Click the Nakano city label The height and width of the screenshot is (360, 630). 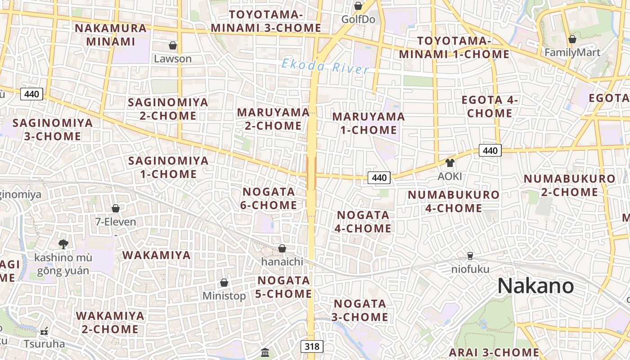[535, 286]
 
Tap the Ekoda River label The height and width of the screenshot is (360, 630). [325, 67]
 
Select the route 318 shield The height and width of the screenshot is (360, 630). [312, 346]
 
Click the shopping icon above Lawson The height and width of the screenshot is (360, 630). [173, 45]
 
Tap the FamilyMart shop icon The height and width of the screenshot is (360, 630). [572, 40]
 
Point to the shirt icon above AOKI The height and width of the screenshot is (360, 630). [450, 163]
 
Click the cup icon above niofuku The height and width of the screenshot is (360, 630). [470, 256]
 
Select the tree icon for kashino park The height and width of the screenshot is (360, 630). [63, 244]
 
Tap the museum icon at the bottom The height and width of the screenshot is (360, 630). [265, 352]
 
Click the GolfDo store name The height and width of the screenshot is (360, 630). [358, 19]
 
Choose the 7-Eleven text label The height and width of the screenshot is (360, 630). [116, 221]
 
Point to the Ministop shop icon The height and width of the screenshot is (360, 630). [224, 283]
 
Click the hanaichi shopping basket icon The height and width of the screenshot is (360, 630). [282, 248]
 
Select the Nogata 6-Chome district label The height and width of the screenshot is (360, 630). [269, 198]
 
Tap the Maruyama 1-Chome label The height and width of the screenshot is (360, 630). [369, 123]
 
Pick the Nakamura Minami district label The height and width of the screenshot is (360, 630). [111, 35]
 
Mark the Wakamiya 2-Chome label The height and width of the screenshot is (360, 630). [110, 322]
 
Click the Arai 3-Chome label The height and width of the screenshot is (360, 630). [494, 352]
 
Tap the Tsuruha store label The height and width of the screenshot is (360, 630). [44, 344]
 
